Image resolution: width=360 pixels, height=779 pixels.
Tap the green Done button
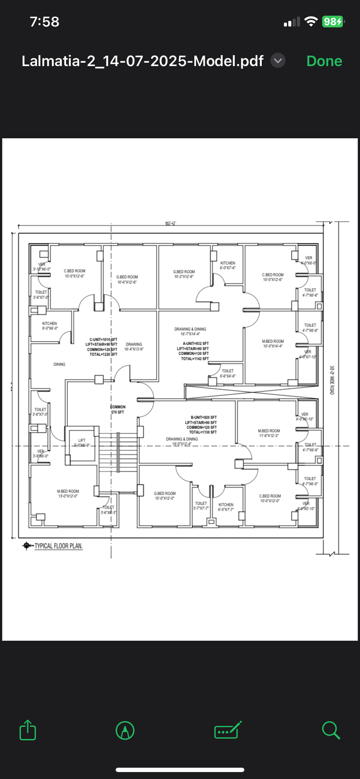coord(324,61)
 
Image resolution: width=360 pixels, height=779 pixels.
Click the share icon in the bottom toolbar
coord(28,730)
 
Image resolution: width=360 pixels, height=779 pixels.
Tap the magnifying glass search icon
coord(331,730)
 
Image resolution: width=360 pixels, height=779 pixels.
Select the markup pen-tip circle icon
coord(125,730)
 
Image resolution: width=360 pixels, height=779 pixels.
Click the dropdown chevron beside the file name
coord(278,61)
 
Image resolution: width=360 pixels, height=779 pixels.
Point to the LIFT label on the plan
coord(82,440)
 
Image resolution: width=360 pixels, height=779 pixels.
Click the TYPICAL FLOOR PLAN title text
coord(58,546)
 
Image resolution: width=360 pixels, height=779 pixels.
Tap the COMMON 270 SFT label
coord(117,409)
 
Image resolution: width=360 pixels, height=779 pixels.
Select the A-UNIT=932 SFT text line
coord(193,343)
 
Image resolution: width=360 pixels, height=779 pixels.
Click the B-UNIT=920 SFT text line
coord(203,417)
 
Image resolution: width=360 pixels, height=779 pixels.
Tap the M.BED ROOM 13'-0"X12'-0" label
coord(68,493)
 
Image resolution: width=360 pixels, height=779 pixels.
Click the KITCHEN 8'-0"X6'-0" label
coord(50,326)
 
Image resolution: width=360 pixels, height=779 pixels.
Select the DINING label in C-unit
coord(60,364)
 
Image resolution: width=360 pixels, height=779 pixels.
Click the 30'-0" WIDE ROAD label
coord(332,380)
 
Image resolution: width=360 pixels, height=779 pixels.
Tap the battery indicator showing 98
coord(333,22)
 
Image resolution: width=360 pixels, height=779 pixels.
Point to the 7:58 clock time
coord(44,22)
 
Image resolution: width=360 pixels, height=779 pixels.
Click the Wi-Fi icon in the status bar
coord(311,22)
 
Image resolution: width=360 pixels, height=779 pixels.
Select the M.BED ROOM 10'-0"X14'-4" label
coord(273,343)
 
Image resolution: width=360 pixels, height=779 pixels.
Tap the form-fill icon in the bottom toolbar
coord(228,730)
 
